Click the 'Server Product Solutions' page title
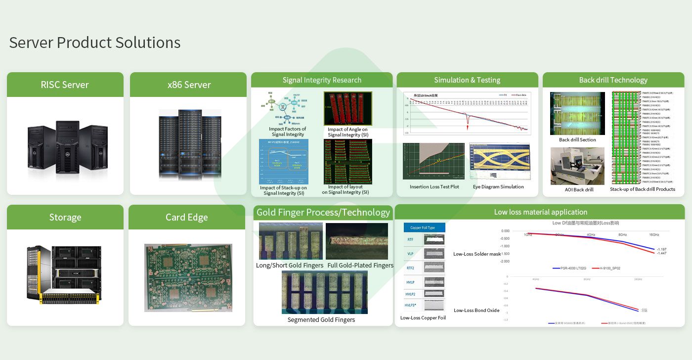[x=95, y=43]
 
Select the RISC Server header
[x=65, y=85]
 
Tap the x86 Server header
[x=188, y=85]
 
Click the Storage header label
[x=65, y=217]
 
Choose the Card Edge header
[x=187, y=217]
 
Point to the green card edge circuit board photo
[x=188, y=277]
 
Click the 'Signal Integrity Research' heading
[x=322, y=80]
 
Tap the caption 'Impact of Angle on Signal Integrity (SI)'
[x=347, y=132]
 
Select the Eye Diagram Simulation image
[x=499, y=162]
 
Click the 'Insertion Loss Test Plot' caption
[x=434, y=187]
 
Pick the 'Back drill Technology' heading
[x=613, y=80]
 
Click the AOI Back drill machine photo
[x=577, y=166]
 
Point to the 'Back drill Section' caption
[x=577, y=140]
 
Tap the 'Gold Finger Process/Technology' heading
[x=323, y=213]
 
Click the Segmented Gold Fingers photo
[x=324, y=292]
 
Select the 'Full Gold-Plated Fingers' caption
[x=360, y=266]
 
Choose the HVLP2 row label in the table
[x=410, y=294]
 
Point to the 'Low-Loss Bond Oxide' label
[x=476, y=311]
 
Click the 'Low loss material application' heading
[x=540, y=212]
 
